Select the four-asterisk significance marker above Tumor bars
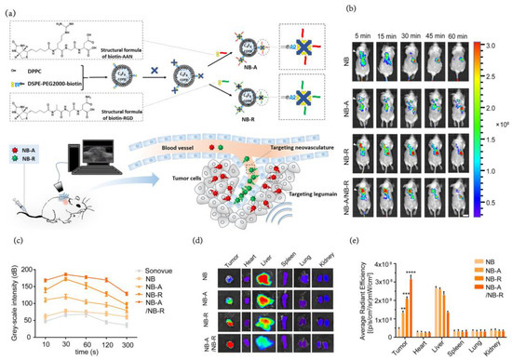point(411,272)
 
